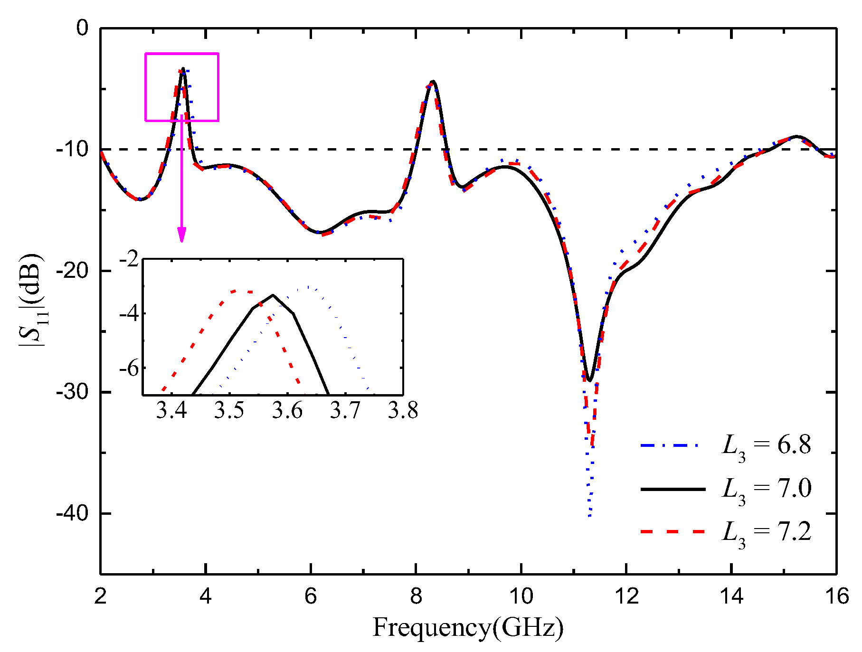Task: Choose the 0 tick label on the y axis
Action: [83, 28]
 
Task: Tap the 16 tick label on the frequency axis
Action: [836, 596]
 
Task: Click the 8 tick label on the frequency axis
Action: [416, 596]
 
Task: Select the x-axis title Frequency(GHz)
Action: [468, 628]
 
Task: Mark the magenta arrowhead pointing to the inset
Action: [181, 235]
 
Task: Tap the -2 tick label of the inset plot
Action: [129, 260]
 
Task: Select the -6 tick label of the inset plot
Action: [129, 369]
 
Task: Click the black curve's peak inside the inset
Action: [273, 295]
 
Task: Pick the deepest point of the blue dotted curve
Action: [589, 516]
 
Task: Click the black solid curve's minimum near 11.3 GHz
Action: [589, 380]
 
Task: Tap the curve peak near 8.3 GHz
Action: [432, 81]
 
